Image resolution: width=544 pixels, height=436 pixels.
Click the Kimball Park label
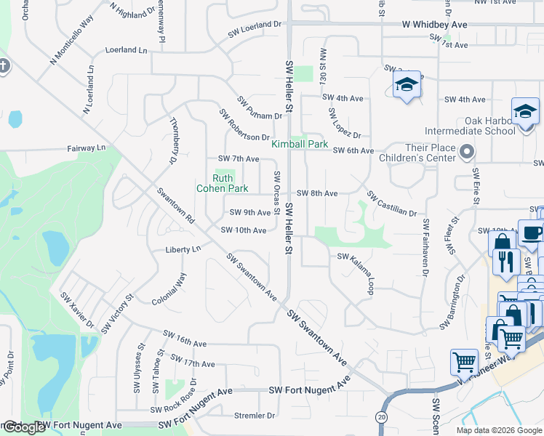coord(300,145)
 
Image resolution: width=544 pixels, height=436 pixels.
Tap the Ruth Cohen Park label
coord(220,183)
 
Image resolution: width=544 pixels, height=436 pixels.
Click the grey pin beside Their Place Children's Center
coord(467,152)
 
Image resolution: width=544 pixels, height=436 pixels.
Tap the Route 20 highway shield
coord(380,417)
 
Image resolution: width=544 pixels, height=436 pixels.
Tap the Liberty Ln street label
coord(183,249)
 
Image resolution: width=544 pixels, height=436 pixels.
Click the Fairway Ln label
coord(86,148)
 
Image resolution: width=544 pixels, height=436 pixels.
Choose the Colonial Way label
coord(169,288)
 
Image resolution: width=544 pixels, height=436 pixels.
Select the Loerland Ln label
coord(126,50)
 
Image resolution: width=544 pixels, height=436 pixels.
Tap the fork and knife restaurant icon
coord(505,260)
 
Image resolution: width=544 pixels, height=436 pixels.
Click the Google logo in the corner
coord(23,427)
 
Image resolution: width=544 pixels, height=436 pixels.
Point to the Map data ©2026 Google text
coord(498,430)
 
